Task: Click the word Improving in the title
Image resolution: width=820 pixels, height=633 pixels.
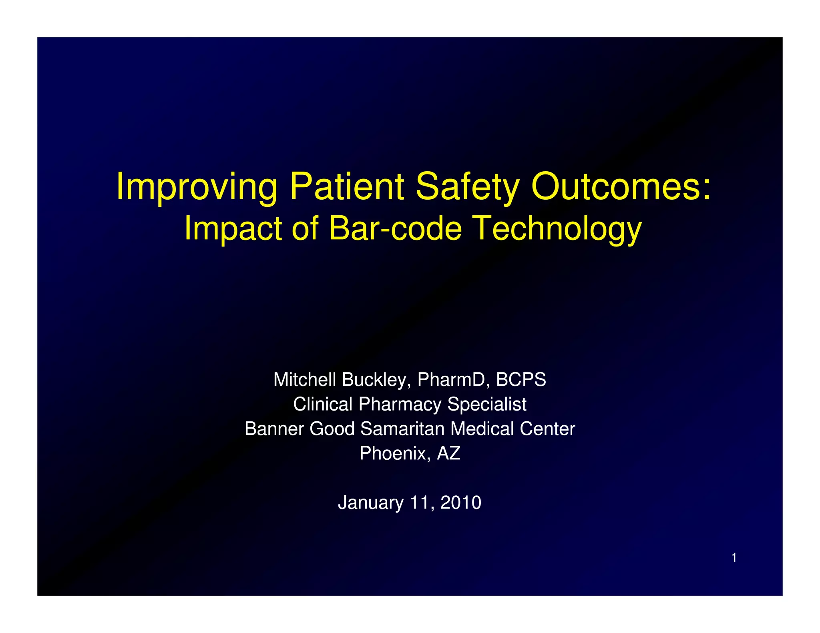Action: tap(197, 187)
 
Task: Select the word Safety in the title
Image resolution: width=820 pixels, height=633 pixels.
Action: tap(467, 187)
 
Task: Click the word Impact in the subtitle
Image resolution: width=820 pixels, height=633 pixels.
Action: tap(233, 229)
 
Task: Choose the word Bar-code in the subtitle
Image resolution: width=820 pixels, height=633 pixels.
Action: tap(395, 228)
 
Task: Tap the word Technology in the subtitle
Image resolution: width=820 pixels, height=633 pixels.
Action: tap(557, 229)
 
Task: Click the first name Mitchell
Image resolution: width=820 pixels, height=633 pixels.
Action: tap(304, 379)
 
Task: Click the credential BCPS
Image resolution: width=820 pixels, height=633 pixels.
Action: tap(521, 379)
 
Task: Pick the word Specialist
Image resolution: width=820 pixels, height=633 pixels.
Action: tap(486, 404)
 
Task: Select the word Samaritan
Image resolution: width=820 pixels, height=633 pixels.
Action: tap(402, 429)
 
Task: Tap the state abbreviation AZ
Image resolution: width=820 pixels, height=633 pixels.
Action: tap(448, 453)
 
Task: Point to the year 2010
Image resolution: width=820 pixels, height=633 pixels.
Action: tap(460, 503)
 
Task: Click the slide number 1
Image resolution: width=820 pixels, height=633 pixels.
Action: tap(734, 558)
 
